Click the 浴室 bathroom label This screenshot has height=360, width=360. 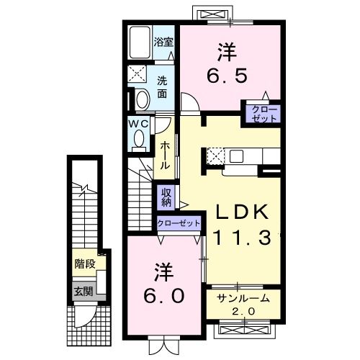[163, 42]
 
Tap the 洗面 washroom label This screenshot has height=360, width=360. [163, 86]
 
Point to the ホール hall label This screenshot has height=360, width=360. [165, 155]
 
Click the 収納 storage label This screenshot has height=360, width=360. [166, 196]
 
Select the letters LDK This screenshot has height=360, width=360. [240, 211]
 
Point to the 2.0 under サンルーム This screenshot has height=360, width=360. [239, 310]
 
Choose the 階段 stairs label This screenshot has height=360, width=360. [85, 264]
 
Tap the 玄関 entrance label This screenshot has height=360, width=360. [83, 292]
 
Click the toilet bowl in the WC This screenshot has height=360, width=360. [142, 98]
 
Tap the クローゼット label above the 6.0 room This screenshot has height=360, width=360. [179, 224]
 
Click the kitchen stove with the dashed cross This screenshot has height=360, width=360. [216, 156]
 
